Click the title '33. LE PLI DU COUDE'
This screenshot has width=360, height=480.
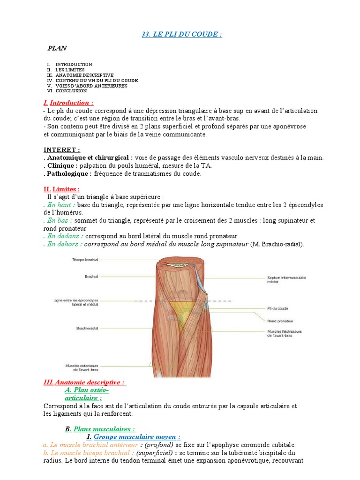click(x=181, y=34)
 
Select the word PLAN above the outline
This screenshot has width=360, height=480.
click(x=57, y=48)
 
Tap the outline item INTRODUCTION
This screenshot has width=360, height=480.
click(x=74, y=64)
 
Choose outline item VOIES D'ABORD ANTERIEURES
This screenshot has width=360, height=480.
click(x=91, y=86)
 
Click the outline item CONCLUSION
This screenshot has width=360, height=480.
click(x=71, y=91)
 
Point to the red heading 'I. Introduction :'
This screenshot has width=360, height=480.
click(x=68, y=103)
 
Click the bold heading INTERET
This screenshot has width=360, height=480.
click(x=61, y=150)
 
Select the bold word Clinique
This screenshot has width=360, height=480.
click(x=60, y=165)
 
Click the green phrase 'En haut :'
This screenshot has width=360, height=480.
click(x=60, y=205)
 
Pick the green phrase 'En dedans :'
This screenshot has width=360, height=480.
click(x=64, y=236)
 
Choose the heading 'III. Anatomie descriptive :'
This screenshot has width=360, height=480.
click(x=84, y=382)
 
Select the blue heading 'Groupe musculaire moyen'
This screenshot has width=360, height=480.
click(x=136, y=436)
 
